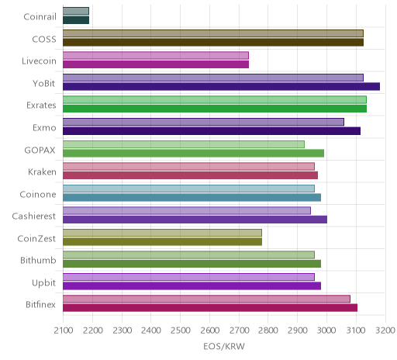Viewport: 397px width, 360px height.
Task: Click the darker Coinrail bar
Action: [x=76, y=20]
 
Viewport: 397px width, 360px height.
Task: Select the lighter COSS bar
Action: [x=213, y=33]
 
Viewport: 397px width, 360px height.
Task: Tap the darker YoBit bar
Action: [x=221, y=86]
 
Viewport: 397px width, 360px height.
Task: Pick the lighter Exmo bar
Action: [x=203, y=122]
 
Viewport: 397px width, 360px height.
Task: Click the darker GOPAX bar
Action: [x=193, y=153]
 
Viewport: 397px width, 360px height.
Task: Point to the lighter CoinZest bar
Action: [x=162, y=233]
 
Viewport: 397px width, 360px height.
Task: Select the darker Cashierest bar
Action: [x=195, y=220]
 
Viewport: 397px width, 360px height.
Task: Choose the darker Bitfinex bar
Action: [x=210, y=308]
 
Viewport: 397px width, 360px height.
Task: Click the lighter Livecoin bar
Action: [x=156, y=55]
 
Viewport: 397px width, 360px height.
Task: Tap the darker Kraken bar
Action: [x=190, y=175]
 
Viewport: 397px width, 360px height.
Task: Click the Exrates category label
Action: [x=41, y=106]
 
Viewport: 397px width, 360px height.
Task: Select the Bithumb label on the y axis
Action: [x=38, y=260]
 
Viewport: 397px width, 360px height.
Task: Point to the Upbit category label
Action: [x=43, y=282]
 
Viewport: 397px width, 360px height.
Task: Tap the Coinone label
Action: [x=38, y=194]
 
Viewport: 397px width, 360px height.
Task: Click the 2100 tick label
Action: [x=64, y=331]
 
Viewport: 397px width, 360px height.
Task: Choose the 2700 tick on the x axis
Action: [x=239, y=331]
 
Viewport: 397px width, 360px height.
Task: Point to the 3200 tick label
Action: [x=385, y=331]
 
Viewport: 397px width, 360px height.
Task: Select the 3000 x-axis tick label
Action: [x=326, y=331]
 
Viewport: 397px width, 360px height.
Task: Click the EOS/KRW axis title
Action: [x=224, y=346]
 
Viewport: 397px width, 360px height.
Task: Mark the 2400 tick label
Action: [x=151, y=331]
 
